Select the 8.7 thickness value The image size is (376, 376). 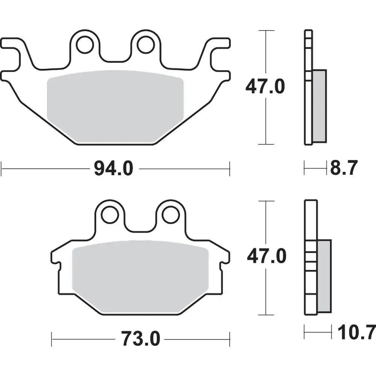(x=344, y=168)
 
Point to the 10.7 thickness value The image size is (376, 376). (x=356, y=332)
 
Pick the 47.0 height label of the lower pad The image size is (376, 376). (x=267, y=256)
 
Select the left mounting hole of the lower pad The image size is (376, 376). (x=110, y=214)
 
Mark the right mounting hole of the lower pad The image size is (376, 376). (x=171, y=214)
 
